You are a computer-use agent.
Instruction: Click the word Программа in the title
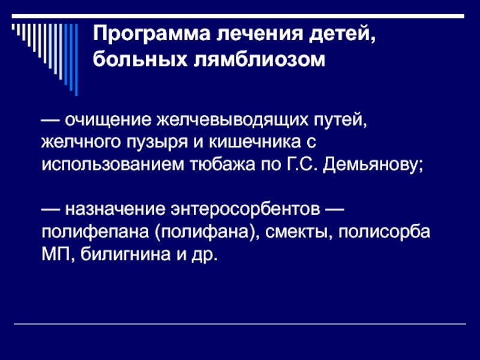(152, 34)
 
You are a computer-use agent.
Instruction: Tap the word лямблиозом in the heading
(260, 59)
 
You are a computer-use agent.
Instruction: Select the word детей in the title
(341, 34)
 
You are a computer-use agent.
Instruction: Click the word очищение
(108, 120)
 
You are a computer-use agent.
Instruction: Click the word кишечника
(254, 142)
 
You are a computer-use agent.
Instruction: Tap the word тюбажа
(223, 164)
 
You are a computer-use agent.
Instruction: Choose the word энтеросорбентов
(245, 209)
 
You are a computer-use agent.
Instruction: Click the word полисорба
(384, 232)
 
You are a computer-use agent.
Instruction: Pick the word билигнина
(125, 254)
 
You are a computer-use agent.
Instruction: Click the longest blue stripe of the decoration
(76, 60)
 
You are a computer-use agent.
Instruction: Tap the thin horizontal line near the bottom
(239, 323)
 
